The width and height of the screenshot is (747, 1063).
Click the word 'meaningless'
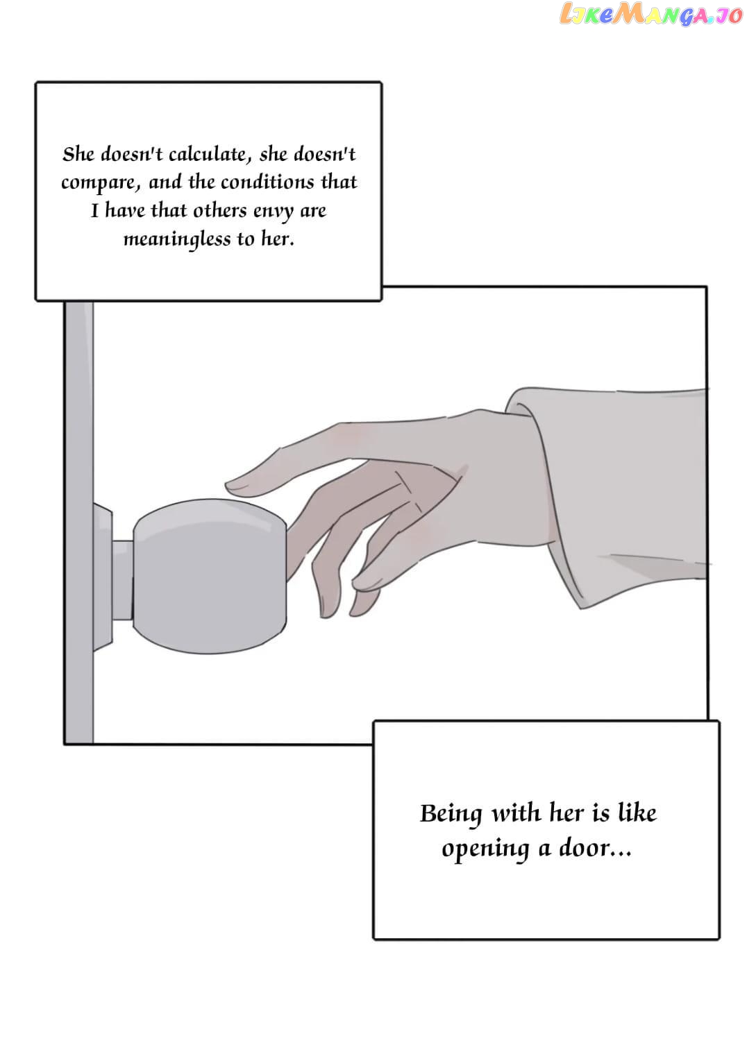pos(176,239)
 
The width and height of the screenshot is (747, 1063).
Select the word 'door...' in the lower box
pos(595,847)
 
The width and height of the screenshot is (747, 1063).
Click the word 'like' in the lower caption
pos(637,812)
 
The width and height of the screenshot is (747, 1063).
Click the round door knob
pos(210,576)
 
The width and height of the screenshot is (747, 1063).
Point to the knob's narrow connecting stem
pos(122,580)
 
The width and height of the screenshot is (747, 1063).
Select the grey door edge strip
pos(79,522)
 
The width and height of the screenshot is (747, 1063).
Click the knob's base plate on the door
pos(103,577)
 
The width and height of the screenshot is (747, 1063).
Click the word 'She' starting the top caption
pos(78,154)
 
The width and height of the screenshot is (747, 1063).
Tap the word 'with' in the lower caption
pos(516,813)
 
